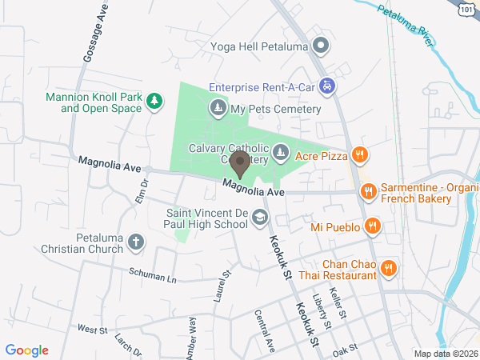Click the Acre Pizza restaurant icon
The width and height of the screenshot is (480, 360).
361,156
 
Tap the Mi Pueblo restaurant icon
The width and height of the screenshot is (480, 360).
372,227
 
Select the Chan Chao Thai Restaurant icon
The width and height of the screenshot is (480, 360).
388,268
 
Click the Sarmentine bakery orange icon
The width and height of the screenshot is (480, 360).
369,190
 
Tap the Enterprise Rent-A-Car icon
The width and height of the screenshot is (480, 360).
326,85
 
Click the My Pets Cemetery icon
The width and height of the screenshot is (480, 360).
218,107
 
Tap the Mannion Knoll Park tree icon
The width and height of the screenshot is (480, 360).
154,101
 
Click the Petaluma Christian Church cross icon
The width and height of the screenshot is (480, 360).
136,241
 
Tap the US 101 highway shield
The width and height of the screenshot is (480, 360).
467,8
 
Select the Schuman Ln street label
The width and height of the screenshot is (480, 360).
153,276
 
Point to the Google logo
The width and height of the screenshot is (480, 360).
27,350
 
